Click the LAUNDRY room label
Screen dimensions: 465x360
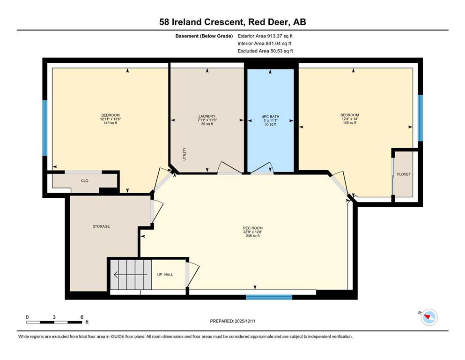(x=207, y=116)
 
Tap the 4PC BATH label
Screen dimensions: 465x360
(x=271, y=117)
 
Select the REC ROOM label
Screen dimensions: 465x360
(x=253, y=228)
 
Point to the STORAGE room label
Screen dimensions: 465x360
(x=101, y=226)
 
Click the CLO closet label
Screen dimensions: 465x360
(x=84, y=180)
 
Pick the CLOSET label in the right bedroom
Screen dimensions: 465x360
(x=404, y=174)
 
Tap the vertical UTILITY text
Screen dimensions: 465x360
(x=184, y=154)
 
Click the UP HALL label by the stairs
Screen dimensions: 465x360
(x=165, y=275)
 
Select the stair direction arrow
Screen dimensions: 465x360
(x=131, y=275)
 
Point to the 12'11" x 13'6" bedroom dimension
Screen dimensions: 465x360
(x=111, y=119)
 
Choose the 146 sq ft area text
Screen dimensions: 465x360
(x=350, y=122)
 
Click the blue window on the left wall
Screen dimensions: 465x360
(x=45, y=128)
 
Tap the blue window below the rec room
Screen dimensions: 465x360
(x=269, y=297)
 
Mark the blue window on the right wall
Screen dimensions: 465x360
(x=420, y=118)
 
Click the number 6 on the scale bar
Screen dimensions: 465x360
(x=82, y=317)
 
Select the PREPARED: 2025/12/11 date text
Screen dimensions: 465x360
(x=233, y=321)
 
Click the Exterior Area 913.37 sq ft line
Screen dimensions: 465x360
(x=265, y=36)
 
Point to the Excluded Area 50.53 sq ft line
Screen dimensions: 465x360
(x=265, y=51)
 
